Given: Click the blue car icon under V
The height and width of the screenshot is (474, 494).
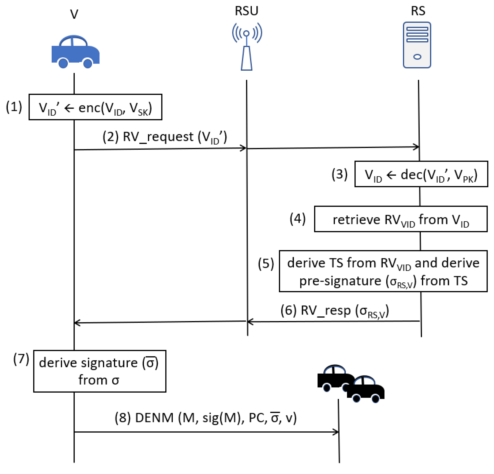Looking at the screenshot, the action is click(x=75, y=52).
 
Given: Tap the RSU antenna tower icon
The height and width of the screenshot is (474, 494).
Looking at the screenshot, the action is click(x=247, y=47).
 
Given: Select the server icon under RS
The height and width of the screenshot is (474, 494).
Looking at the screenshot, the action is click(x=417, y=45).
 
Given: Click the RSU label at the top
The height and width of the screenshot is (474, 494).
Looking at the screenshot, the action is click(x=247, y=11).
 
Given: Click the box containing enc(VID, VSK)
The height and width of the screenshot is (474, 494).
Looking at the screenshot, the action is click(x=95, y=107).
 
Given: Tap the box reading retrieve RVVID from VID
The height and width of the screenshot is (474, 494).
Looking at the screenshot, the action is click(x=401, y=219).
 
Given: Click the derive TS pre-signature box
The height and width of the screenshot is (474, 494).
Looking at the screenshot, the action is click(x=383, y=271).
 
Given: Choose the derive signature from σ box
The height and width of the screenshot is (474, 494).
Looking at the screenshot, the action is click(x=100, y=371).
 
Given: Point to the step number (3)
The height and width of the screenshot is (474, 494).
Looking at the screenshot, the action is click(x=339, y=174).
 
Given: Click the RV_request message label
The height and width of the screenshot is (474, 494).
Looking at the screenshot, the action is click(x=165, y=137).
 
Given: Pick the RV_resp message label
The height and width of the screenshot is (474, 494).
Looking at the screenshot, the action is click(x=335, y=311).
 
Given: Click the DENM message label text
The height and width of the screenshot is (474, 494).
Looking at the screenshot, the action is click(x=206, y=418).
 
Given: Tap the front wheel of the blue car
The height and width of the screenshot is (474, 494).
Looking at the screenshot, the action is click(x=88, y=63).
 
